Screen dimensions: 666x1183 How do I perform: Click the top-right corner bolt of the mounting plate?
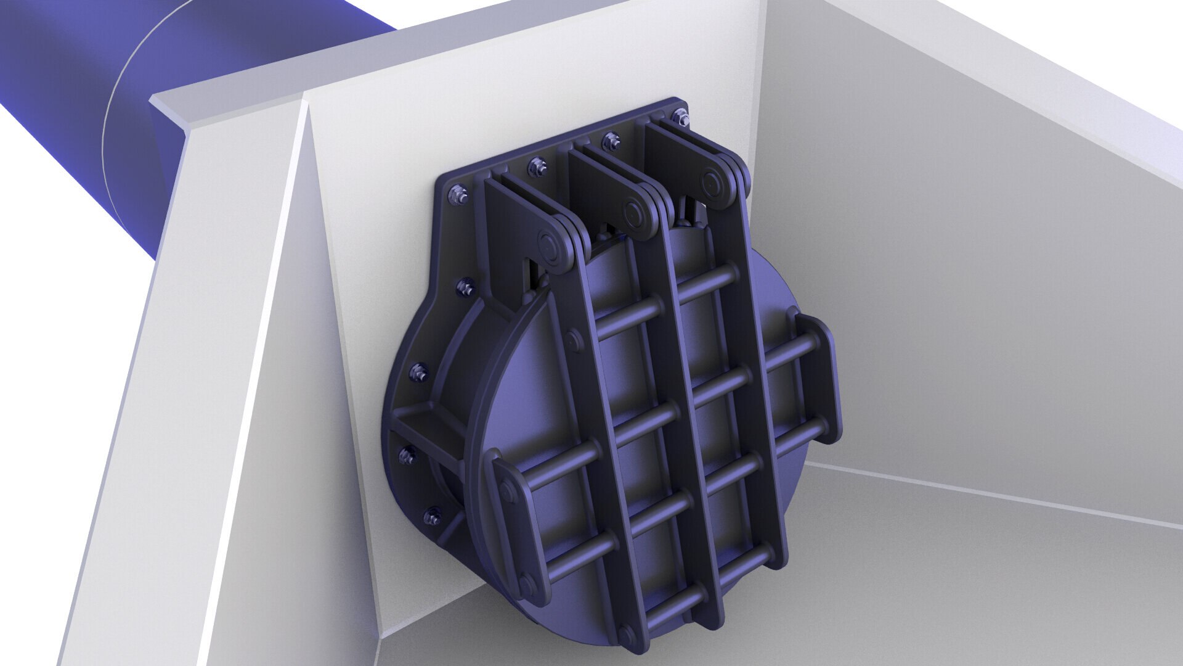pos(680,115)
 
